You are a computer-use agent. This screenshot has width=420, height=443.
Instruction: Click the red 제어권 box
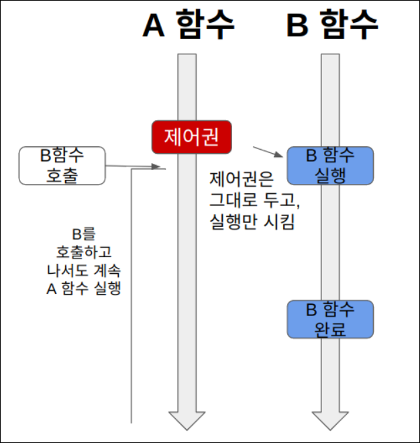pos(192,137)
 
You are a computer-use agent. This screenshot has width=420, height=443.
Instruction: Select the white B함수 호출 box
pos(62,165)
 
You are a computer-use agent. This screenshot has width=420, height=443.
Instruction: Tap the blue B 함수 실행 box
pos(330,165)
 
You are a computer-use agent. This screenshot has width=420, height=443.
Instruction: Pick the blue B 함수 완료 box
pos(330,319)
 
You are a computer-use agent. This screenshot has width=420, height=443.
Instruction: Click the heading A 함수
pos(189,27)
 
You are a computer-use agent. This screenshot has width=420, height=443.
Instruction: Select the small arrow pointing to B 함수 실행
pos(268,150)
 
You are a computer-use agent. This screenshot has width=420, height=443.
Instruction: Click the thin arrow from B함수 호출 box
pos(134,166)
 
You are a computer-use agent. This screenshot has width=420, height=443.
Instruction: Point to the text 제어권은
pos(239,180)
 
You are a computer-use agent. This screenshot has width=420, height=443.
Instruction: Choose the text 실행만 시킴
pos(252,221)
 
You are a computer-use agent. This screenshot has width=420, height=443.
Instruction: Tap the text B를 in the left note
pos(84,234)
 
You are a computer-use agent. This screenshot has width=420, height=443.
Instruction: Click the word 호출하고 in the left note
pos(84,252)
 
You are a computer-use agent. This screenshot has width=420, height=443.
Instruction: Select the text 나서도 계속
pos(84,270)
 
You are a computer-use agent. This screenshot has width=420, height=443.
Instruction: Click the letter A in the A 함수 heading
pos(155,27)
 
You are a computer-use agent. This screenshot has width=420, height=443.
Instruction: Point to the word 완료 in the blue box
pos(330,329)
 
